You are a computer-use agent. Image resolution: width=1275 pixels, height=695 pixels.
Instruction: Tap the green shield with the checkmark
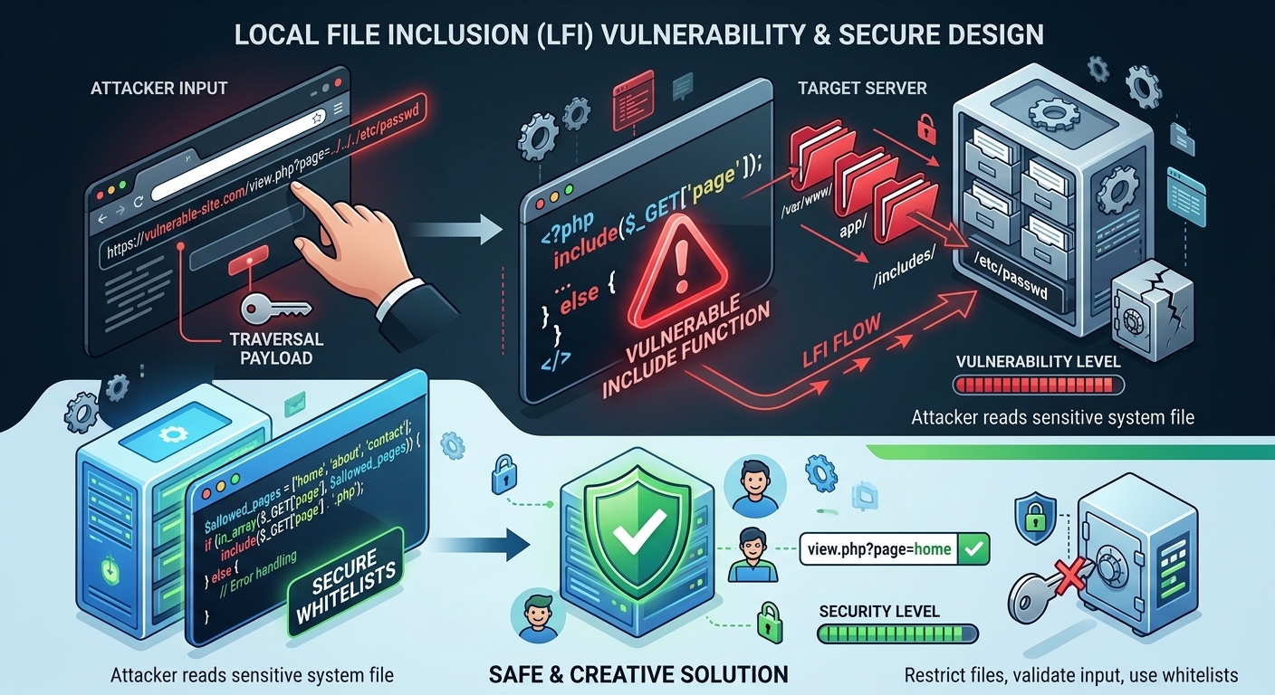637,533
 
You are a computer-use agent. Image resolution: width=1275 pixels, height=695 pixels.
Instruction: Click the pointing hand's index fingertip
296,188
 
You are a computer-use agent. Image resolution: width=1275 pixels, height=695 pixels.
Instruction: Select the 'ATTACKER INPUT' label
158,88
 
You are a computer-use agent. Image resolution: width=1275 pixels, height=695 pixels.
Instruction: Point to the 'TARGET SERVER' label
862,88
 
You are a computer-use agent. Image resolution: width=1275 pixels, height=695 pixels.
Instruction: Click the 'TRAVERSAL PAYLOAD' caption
276,348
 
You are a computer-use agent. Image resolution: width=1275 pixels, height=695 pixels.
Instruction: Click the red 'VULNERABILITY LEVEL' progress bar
1039,385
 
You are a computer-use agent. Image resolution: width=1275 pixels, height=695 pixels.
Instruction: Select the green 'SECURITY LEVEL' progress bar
897,633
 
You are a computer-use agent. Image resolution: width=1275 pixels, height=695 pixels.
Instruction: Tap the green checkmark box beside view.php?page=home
973,548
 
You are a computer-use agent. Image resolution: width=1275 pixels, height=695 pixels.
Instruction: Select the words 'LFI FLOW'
841,340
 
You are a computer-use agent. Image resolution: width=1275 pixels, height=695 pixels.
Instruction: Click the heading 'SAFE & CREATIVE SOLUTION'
638,674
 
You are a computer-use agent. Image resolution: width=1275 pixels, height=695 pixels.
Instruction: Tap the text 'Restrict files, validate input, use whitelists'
1070,675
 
